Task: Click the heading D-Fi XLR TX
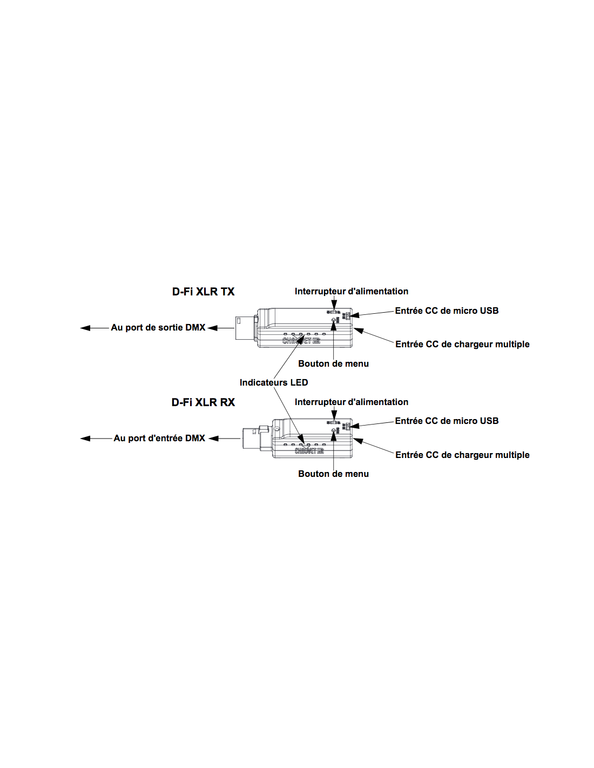(203, 292)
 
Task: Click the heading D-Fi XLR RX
(203, 402)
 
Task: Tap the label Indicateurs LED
(274, 382)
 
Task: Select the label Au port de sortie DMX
(158, 327)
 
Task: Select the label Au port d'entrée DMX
(159, 438)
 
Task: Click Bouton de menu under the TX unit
(333, 363)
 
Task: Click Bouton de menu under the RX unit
(333, 474)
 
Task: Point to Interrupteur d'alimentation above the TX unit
(351, 291)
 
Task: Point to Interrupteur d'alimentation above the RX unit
(351, 402)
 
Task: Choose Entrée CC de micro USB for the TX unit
(447, 311)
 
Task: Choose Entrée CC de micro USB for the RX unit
(447, 421)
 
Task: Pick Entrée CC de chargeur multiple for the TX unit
(462, 344)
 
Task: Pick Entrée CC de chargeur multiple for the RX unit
(462, 455)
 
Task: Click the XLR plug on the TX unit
(246, 328)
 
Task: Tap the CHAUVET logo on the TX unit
(301, 341)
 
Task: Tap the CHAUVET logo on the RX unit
(309, 450)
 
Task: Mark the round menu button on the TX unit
(334, 320)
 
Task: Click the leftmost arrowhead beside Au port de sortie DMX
(85, 328)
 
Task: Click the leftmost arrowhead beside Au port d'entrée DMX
(85, 439)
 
